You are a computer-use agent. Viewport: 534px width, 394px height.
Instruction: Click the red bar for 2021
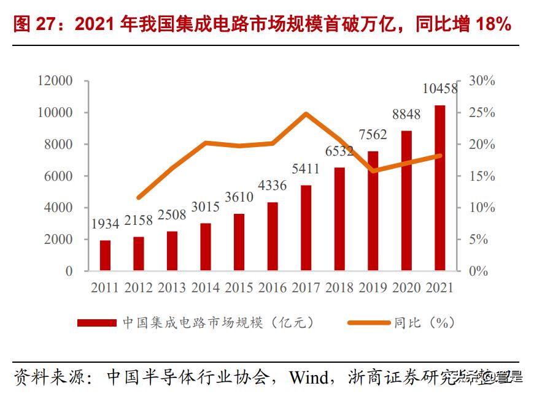pyautogui.click(x=439, y=188)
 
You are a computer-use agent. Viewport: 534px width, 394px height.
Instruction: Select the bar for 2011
pyautogui.click(x=105, y=256)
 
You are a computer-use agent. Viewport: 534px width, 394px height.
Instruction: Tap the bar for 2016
pyautogui.click(x=273, y=237)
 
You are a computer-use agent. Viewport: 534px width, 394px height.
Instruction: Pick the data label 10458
pyautogui.click(x=440, y=89)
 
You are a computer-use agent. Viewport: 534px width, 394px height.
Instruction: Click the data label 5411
pyautogui.click(x=306, y=169)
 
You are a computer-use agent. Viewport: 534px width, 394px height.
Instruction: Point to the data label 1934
pyautogui.click(x=105, y=224)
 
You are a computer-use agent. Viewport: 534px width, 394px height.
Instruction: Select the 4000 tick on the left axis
pyautogui.click(x=59, y=208)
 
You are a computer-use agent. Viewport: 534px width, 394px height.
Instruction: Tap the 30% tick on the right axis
pyautogui.click(x=482, y=81)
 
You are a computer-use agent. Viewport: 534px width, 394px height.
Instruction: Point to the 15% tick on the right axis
pyautogui.click(x=482, y=176)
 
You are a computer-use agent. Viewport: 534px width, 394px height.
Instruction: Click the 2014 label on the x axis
pyautogui.click(x=206, y=288)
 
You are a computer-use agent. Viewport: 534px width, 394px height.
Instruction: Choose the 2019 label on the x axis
pyautogui.click(x=373, y=288)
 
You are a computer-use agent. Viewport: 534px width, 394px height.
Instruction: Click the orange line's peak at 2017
pyautogui.click(x=306, y=113)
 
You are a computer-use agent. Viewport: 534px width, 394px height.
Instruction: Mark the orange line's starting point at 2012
pyautogui.click(x=139, y=197)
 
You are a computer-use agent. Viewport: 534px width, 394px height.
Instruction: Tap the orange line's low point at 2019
pyautogui.click(x=373, y=170)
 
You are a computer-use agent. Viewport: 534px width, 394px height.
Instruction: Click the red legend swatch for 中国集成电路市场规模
pyautogui.click(x=96, y=322)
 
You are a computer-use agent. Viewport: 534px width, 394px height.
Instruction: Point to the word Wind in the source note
pyautogui.click(x=309, y=376)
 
